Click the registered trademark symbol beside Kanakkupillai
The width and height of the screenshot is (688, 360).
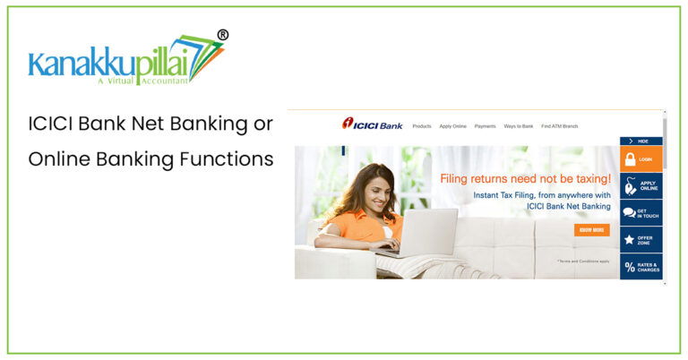tap(223, 35)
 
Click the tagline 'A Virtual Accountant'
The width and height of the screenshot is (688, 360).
tap(142, 81)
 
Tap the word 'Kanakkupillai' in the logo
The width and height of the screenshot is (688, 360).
tap(112, 64)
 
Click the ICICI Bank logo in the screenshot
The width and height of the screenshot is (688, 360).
tap(372, 124)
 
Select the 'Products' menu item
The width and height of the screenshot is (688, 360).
tap(422, 126)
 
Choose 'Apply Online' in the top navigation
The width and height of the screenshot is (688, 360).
tap(453, 126)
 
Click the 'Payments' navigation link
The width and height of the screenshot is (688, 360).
tap(486, 126)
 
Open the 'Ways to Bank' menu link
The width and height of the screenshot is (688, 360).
tap(519, 126)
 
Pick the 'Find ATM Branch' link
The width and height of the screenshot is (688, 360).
tap(560, 126)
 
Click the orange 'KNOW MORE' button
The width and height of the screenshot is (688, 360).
tap(592, 230)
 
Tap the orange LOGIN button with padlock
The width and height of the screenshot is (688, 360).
tap(641, 159)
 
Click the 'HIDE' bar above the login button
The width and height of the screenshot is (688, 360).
tap(641, 141)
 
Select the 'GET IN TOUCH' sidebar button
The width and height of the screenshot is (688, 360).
tap(641, 212)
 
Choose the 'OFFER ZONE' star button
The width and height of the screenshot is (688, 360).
tap(641, 239)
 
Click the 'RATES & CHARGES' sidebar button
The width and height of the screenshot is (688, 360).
tap(641, 266)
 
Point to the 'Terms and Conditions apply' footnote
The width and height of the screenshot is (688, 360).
tap(583, 261)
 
